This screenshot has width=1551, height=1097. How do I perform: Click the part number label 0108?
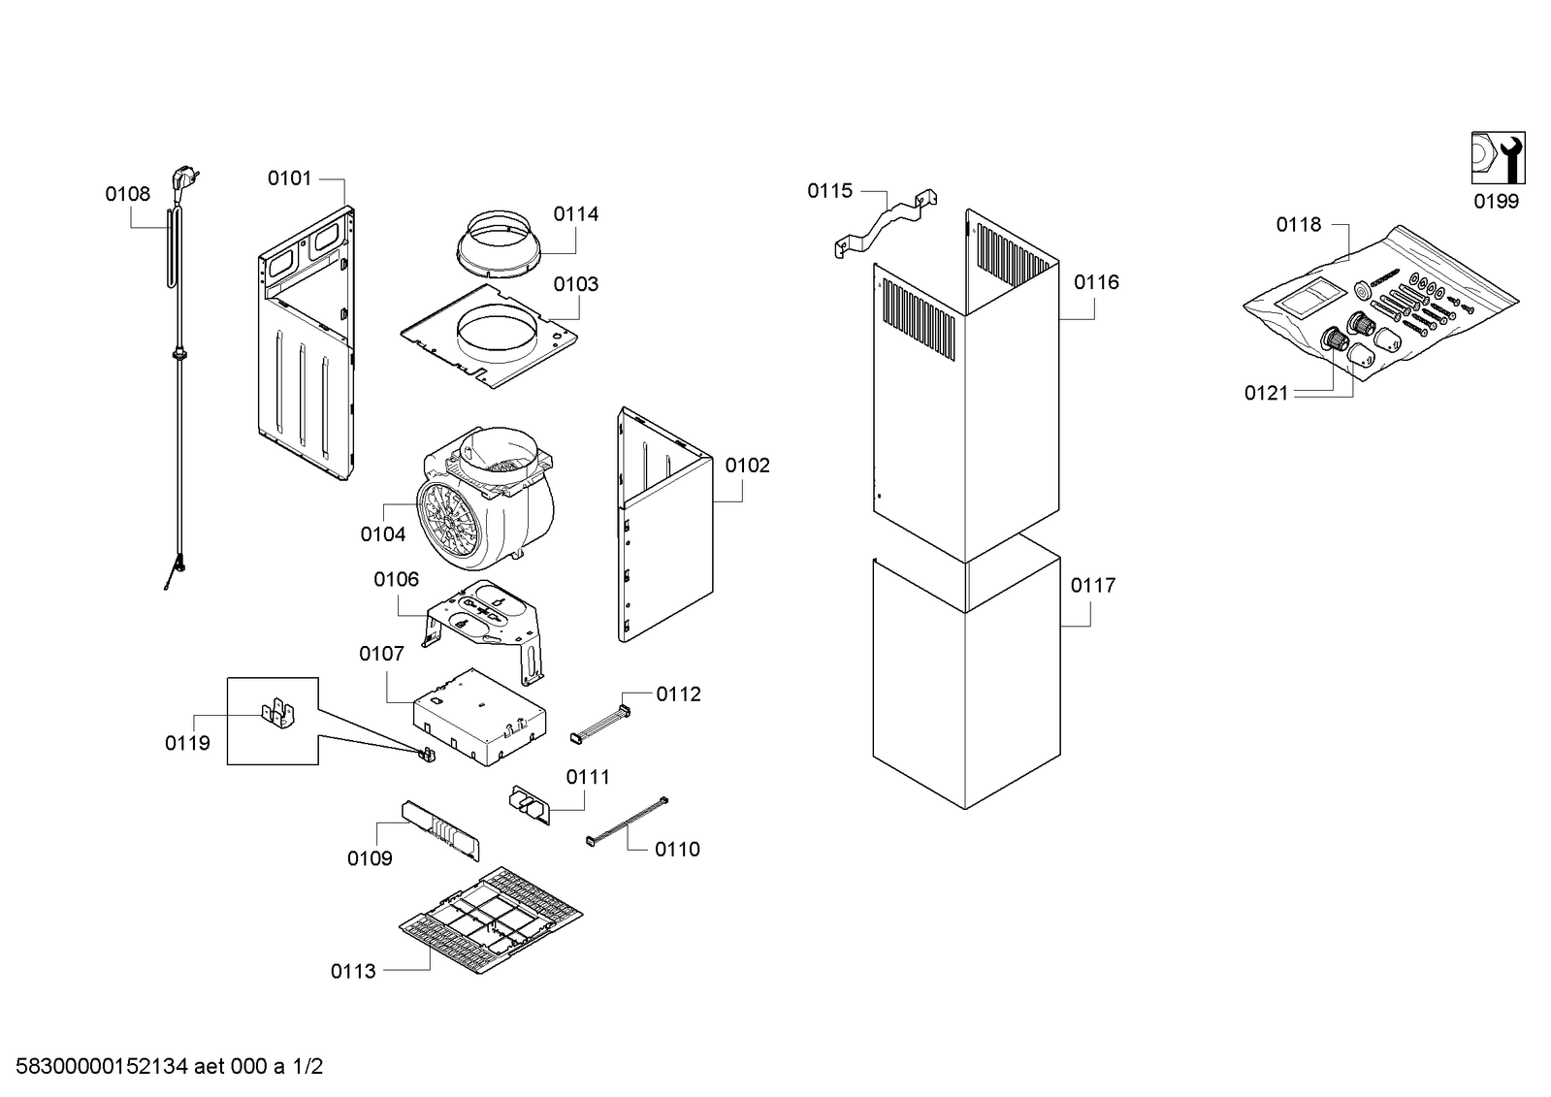(127, 194)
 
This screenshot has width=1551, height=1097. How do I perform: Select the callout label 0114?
(576, 214)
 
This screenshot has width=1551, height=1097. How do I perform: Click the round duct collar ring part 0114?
(499, 246)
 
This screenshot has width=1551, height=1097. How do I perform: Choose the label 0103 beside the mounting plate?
(576, 284)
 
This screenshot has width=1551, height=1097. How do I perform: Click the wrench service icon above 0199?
(1498, 158)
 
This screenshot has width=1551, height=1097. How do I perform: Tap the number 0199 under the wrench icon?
(1497, 202)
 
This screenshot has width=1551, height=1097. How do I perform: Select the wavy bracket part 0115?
(886, 223)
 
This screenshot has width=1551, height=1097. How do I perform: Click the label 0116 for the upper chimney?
(1097, 282)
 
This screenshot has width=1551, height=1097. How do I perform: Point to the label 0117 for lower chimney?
(1093, 586)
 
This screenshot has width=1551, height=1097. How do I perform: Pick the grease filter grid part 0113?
(491, 920)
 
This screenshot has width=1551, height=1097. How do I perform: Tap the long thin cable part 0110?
(628, 822)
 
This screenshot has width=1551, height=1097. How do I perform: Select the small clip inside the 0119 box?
(278, 714)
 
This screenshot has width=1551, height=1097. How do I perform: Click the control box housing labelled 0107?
(479, 718)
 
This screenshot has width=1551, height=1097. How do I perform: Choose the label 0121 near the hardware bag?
(1267, 394)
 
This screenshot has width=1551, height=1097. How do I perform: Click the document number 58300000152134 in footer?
(102, 1067)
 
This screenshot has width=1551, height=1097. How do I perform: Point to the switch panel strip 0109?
(441, 831)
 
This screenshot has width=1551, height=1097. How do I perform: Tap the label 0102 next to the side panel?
(747, 466)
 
